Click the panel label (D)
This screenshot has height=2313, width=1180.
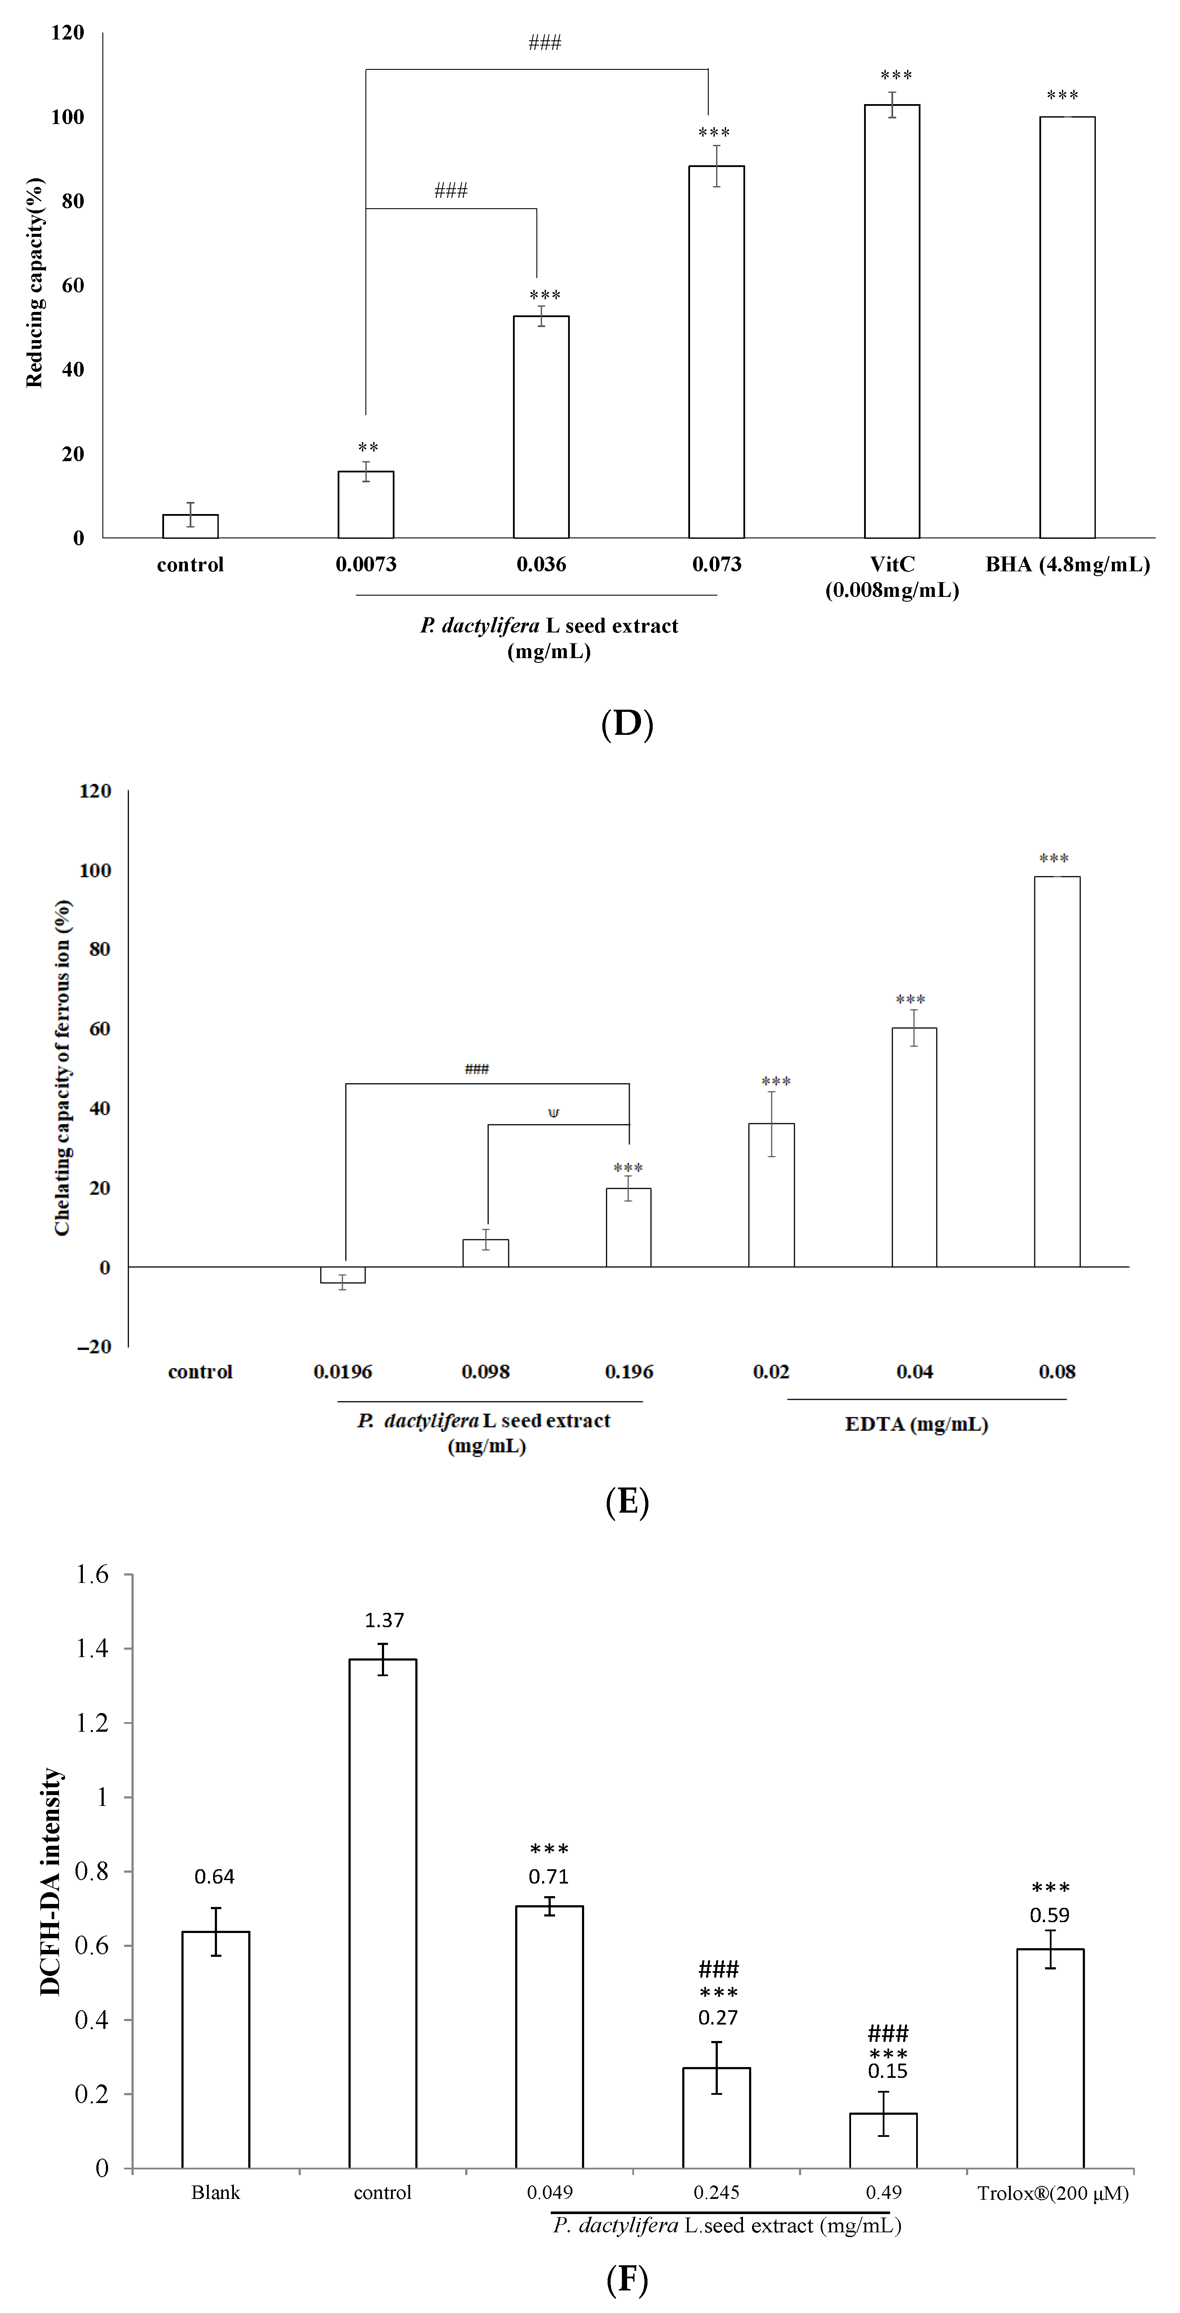627,723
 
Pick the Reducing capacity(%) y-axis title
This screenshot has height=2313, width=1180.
34,283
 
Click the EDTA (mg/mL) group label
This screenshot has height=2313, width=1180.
916,1424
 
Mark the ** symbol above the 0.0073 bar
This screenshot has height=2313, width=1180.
367,447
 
